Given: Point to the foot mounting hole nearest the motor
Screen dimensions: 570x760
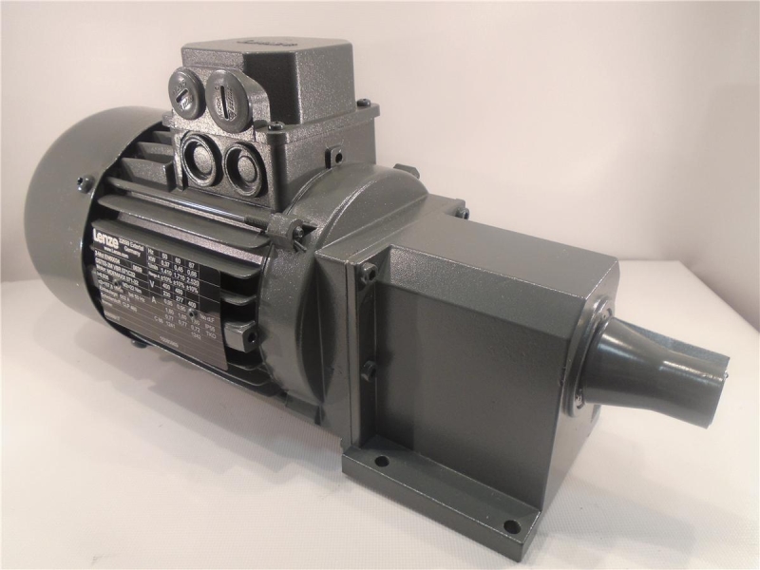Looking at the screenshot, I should [381, 463].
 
